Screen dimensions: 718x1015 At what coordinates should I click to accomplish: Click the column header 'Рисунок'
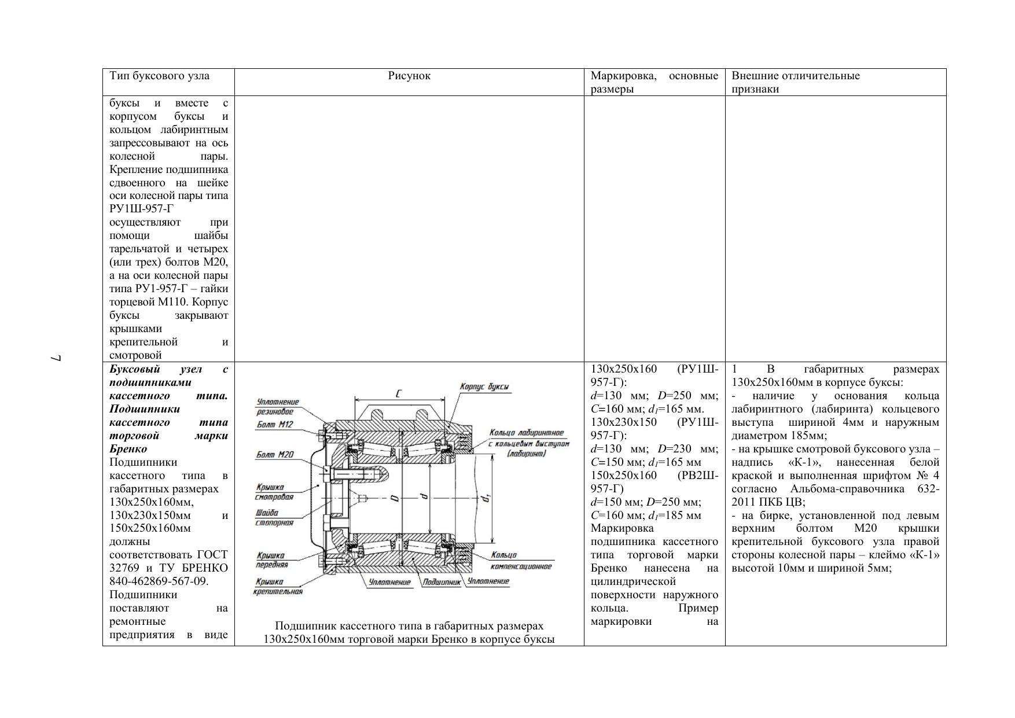point(409,76)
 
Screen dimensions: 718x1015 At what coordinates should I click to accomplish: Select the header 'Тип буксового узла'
point(160,76)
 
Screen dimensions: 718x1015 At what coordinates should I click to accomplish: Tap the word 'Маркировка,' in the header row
point(623,76)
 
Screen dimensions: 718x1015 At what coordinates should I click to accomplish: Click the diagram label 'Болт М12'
point(275,425)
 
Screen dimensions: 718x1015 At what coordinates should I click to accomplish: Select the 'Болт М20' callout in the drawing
point(275,455)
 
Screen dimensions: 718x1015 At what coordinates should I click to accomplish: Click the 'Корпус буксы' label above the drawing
point(484,386)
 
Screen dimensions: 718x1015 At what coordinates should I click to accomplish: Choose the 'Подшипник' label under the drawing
point(441,582)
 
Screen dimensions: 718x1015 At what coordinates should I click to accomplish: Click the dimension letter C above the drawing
point(399,394)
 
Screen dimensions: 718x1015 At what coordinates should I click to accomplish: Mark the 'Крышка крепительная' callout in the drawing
point(278,586)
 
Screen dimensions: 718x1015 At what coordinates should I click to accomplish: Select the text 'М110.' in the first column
point(172,302)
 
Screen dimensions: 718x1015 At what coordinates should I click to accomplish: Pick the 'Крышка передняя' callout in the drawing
point(271,559)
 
